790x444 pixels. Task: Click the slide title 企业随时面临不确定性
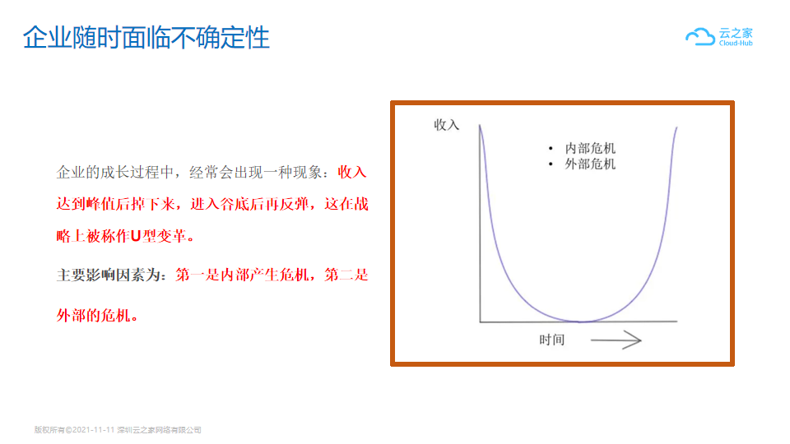[x=146, y=37]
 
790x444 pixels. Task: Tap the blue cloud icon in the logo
[x=700, y=37]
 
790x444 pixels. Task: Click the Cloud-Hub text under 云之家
[x=736, y=44]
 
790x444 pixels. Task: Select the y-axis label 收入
[x=446, y=125]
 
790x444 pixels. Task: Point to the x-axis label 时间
[x=551, y=340]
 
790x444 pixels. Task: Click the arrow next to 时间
[x=616, y=340]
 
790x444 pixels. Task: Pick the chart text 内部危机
[x=590, y=148]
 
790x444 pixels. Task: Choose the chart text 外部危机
[x=590, y=164]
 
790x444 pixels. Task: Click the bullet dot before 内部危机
[x=551, y=148]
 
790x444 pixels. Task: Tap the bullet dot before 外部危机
[x=551, y=164]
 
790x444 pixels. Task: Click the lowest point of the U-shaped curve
[x=580, y=321]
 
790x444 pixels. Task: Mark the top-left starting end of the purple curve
[x=480, y=125]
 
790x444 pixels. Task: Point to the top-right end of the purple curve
[x=676, y=127]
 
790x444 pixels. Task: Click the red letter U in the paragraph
[x=135, y=236]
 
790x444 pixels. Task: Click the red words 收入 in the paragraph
[x=352, y=172]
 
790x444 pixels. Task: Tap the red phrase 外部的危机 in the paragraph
[x=93, y=316]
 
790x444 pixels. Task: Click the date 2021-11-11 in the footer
[x=93, y=430]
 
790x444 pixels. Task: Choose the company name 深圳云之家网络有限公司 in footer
[x=159, y=430]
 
